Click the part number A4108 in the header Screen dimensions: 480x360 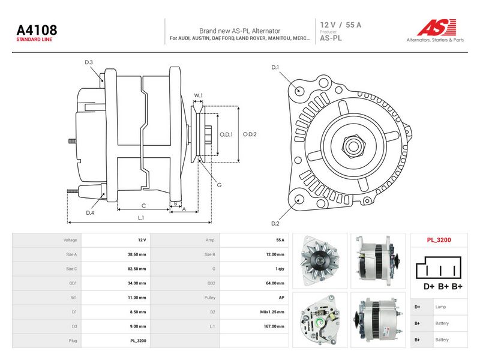[37, 30]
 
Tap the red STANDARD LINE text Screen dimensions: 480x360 [34, 40]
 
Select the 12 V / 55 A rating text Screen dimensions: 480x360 [341, 25]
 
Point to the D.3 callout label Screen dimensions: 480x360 [89, 62]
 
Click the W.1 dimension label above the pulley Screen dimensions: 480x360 [199, 95]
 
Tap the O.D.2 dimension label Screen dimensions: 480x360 [250, 134]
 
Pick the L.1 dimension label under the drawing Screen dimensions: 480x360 [141, 218]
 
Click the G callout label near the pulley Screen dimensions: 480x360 [219, 185]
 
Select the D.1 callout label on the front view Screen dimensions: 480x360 [275, 67]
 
